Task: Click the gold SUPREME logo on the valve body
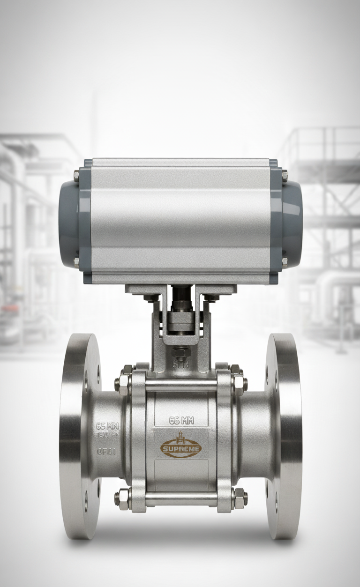pyautogui.click(x=181, y=448)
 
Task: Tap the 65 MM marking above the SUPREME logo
pyautogui.click(x=181, y=420)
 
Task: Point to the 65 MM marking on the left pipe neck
pyautogui.click(x=107, y=426)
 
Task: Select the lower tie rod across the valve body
pyautogui.click(x=181, y=498)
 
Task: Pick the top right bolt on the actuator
pyautogui.click(x=285, y=175)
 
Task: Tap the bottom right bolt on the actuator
pyautogui.click(x=285, y=261)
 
